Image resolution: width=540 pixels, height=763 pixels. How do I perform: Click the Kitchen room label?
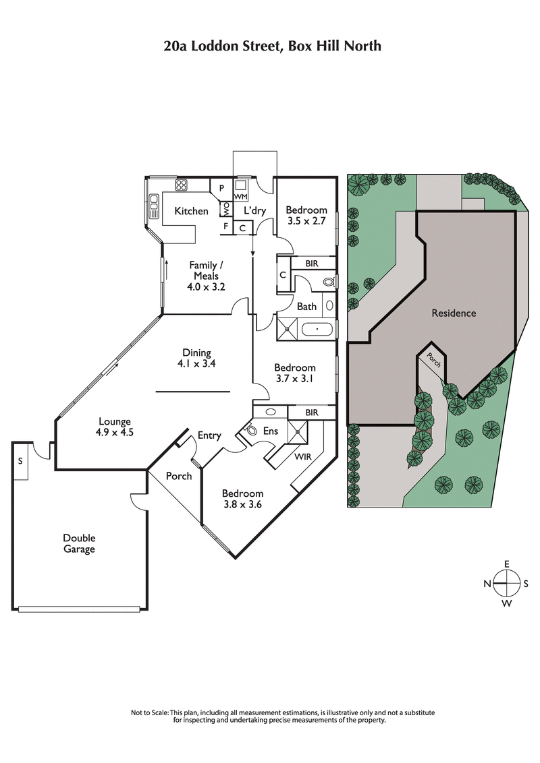[x=191, y=211]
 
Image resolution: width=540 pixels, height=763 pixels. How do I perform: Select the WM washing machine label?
[x=242, y=195]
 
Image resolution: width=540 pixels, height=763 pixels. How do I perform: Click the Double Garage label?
[x=79, y=543]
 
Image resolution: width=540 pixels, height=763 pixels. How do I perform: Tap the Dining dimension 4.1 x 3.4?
[x=196, y=364]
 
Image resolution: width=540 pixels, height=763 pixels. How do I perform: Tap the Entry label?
[x=209, y=435]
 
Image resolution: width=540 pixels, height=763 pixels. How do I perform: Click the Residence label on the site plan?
[x=454, y=313]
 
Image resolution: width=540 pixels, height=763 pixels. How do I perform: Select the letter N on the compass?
[x=486, y=584]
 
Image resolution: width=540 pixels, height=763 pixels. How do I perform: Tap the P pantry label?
[x=221, y=188]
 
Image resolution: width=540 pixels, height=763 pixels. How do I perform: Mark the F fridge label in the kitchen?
[x=225, y=226]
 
